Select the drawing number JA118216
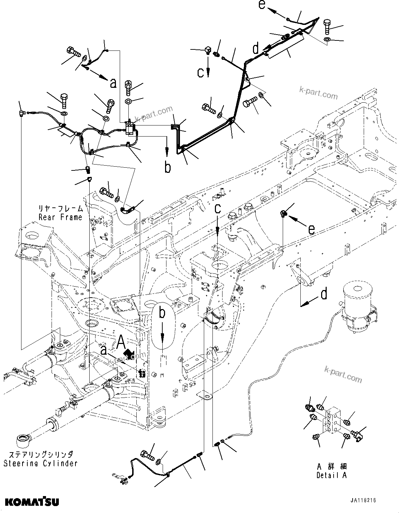click(x=363, y=500)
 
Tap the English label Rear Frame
click(x=60, y=217)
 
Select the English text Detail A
click(x=331, y=476)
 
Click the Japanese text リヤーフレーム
click(x=61, y=208)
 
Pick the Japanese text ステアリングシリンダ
click(x=40, y=454)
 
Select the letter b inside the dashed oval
click(x=162, y=314)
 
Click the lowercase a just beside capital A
click(x=103, y=350)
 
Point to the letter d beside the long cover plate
click(x=255, y=48)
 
